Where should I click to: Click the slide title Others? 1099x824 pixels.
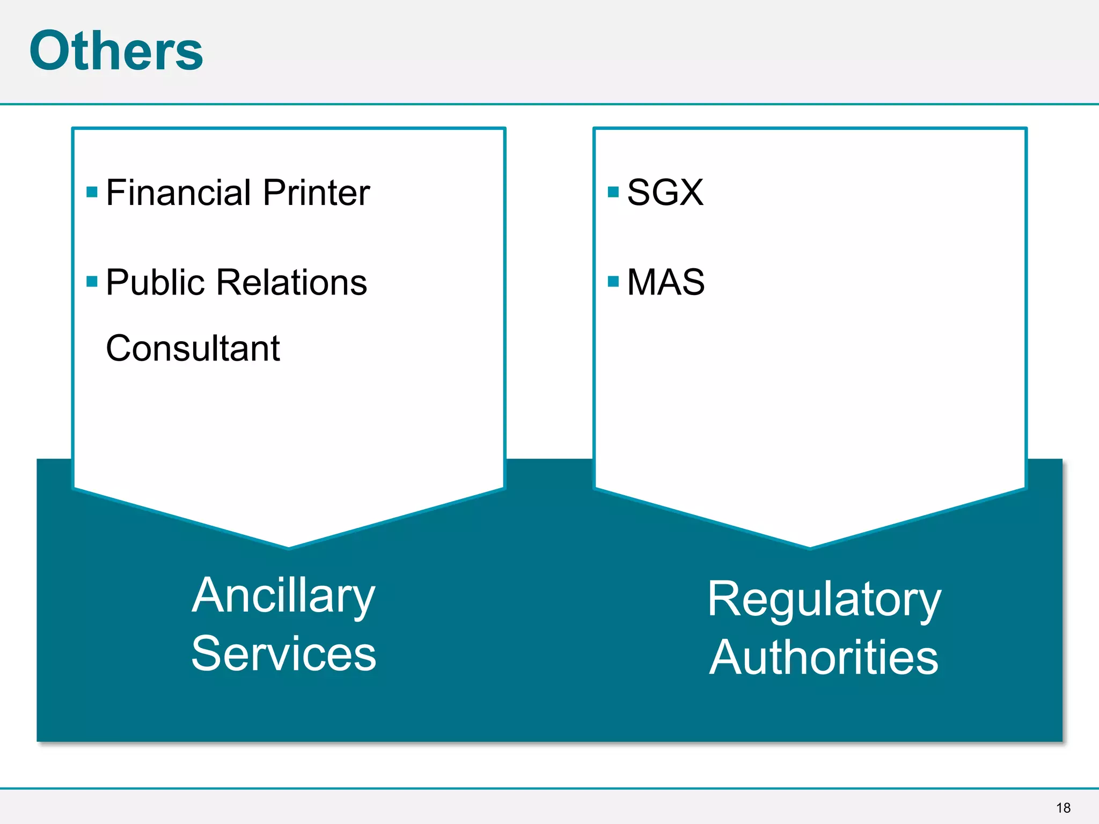(x=116, y=50)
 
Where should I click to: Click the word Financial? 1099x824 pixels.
(x=179, y=193)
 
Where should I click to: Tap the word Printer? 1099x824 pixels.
(x=316, y=193)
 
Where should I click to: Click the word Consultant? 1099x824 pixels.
(x=193, y=349)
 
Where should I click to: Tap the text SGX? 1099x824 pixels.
(x=665, y=193)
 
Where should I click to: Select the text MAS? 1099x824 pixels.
(x=665, y=283)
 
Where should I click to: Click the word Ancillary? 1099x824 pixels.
(x=283, y=597)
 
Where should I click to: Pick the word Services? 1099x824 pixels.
(x=283, y=653)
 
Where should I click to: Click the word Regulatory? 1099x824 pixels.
(x=824, y=600)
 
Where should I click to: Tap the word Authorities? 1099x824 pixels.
(x=824, y=658)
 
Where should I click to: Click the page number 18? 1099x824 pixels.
(x=1063, y=808)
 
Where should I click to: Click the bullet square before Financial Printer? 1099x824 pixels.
(x=92, y=192)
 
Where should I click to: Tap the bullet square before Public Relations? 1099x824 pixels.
(x=92, y=282)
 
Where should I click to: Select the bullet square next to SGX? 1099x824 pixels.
(x=613, y=192)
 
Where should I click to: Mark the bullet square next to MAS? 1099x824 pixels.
(x=613, y=282)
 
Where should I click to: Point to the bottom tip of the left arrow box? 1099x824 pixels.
(x=289, y=547)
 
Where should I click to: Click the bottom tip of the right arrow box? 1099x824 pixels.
(x=810, y=547)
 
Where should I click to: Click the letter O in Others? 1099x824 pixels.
(x=52, y=50)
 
